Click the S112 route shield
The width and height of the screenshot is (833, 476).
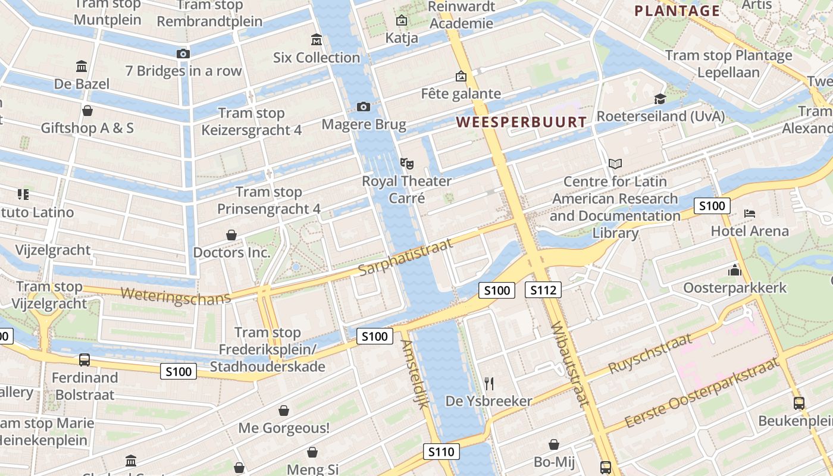click(543, 290)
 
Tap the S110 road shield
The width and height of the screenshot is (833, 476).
click(441, 452)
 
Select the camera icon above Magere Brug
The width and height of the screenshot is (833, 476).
click(364, 107)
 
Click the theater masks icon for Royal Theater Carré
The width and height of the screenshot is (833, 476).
click(407, 162)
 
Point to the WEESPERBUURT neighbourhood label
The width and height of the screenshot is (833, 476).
click(521, 123)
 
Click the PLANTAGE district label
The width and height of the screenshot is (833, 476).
click(677, 11)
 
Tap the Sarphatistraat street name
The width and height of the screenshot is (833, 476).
click(405, 257)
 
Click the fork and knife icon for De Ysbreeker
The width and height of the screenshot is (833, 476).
click(489, 383)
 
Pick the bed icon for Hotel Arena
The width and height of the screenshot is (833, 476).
click(750, 214)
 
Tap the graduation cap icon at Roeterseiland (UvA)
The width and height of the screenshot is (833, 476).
click(660, 99)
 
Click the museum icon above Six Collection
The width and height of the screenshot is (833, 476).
click(317, 40)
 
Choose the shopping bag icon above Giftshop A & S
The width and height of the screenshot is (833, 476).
click(87, 111)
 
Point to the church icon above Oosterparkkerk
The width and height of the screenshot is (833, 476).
click(735, 271)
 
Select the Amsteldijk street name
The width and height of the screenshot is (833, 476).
click(415, 374)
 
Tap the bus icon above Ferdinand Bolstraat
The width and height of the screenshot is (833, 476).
click(84, 360)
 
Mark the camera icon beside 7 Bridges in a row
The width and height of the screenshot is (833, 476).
click(183, 54)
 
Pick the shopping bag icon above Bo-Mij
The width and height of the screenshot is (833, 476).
click(554, 444)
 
